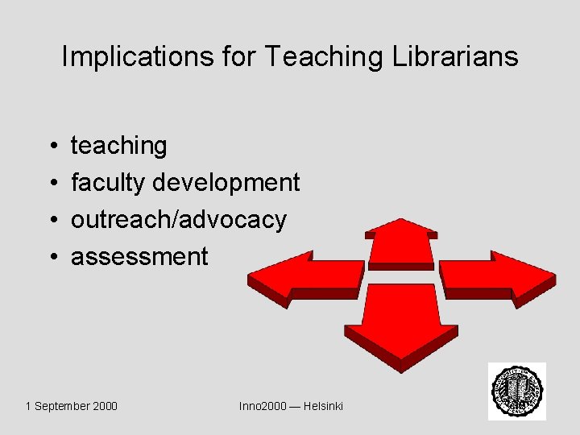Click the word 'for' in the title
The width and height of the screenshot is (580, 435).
click(x=241, y=56)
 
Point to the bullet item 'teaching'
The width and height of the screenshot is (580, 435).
click(x=119, y=146)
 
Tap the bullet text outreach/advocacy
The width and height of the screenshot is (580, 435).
click(x=179, y=220)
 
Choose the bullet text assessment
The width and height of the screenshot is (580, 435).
click(x=139, y=257)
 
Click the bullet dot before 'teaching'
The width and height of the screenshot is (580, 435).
click(x=51, y=147)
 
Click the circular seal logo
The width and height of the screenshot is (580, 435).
click(x=517, y=391)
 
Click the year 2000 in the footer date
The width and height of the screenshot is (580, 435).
click(x=106, y=406)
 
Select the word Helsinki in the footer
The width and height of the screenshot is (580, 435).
click(x=323, y=406)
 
